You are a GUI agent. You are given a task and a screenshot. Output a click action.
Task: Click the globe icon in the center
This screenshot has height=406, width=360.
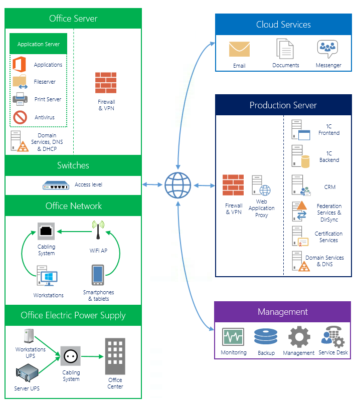[x=177, y=185]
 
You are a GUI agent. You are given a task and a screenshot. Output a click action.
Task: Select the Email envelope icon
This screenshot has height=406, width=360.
[x=239, y=50]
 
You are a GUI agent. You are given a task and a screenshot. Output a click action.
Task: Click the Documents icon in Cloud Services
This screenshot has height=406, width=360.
[x=285, y=49]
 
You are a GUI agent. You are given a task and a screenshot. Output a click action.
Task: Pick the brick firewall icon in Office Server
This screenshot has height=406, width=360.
[x=106, y=83]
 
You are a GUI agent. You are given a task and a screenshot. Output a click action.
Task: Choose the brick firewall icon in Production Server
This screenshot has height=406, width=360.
[x=233, y=185]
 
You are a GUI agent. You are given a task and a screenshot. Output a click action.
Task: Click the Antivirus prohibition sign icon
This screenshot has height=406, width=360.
[x=20, y=117]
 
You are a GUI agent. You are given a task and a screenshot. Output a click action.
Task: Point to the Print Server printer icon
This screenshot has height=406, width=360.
[x=20, y=99]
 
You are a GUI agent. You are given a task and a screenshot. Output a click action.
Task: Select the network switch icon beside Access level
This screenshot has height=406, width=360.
[x=56, y=185]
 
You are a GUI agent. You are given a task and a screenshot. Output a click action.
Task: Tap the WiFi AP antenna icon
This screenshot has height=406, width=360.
[x=98, y=232]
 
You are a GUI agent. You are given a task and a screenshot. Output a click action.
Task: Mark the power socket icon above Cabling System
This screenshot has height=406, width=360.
[x=71, y=356]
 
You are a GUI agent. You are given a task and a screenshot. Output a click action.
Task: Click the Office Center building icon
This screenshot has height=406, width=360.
[x=115, y=356]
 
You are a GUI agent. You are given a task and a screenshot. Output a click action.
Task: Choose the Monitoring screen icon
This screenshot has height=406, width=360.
[x=233, y=337]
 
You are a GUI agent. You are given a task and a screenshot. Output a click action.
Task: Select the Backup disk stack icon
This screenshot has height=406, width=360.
[x=265, y=337]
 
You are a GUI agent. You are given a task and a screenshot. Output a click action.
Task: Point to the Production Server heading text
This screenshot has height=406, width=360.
[x=283, y=105]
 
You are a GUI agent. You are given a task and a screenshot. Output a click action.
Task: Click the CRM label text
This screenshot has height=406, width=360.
[x=329, y=187]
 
